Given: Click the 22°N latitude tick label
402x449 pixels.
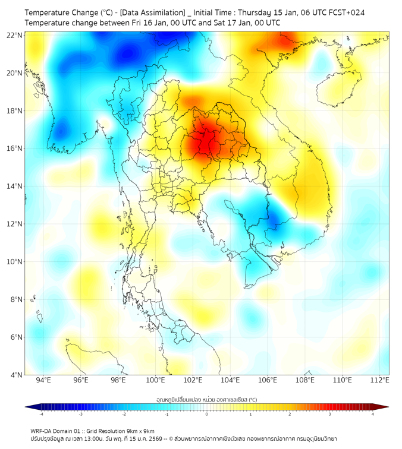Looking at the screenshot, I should (x=15, y=36).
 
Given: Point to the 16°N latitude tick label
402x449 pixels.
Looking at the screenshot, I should (x=15, y=148).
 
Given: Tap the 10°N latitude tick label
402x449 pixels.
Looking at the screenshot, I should (x=15, y=262).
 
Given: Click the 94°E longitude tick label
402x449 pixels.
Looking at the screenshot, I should (x=43, y=380).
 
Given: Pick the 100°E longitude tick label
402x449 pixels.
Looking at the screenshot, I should (x=155, y=380).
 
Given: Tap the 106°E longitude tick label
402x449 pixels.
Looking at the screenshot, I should (x=268, y=380).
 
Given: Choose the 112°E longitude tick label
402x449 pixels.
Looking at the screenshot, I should (x=379, y=380).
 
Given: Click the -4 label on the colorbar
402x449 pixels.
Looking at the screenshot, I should (x=41, y=414).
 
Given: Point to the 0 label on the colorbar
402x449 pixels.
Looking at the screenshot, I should (x=207, y=414).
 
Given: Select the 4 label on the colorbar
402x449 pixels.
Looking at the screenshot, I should (x=373, y=414).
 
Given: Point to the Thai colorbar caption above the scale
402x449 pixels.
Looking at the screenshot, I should (x=206, y=400).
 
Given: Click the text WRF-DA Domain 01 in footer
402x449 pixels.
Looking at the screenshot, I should (x=57, y=431).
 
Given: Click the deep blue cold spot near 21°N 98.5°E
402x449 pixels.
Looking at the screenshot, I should (x=126, y=56).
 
